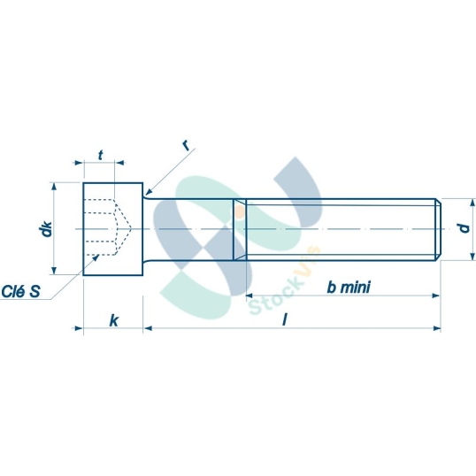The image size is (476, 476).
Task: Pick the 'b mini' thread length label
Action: (x=348, y=287)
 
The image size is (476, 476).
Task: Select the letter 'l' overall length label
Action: (x=285, y=319)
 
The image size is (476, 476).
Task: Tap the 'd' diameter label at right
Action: (x=461, y=228)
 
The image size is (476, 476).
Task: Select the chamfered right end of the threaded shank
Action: (x=437, y=229)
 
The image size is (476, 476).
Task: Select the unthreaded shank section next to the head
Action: (x=190, y=229)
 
